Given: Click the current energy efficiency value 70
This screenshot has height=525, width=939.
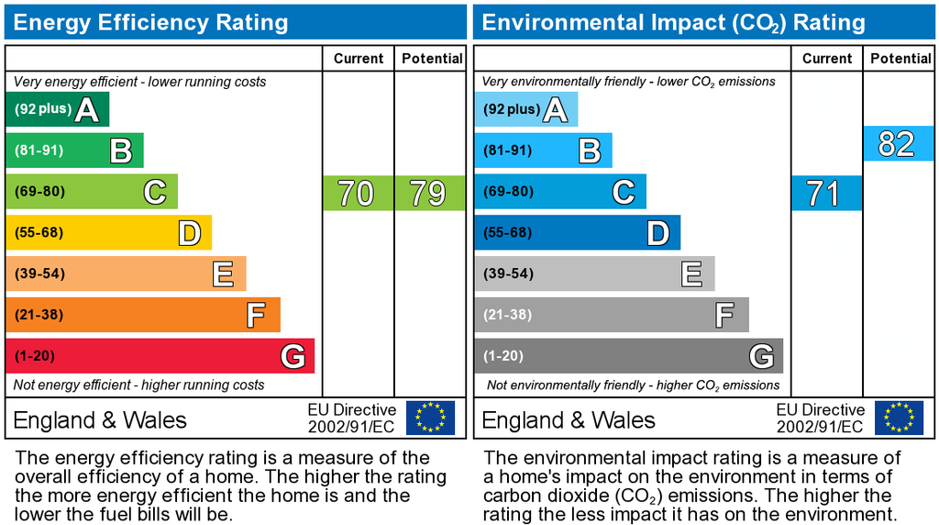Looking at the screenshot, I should (357, 194).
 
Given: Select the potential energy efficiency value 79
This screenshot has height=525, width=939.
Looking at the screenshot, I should (428, 194).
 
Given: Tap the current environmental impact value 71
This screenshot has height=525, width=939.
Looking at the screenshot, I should (825, 194).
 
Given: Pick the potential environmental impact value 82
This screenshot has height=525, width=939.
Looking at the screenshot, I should (897, 144).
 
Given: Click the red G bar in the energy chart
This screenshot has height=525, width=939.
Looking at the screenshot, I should (160, 356).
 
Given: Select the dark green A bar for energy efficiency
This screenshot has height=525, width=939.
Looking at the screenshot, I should (57, 109).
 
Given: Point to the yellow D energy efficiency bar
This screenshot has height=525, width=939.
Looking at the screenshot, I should (108, 232).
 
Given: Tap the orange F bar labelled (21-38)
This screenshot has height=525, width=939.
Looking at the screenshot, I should (142, 315).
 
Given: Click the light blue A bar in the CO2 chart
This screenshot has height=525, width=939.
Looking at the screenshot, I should (525, 109).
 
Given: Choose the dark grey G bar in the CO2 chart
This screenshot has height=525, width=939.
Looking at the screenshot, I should (628, 356).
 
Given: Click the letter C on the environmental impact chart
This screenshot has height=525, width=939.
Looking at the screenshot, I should (623, 192).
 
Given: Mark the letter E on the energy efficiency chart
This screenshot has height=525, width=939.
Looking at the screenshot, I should (222, 274).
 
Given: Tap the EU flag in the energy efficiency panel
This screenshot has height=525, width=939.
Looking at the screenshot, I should (430, 418).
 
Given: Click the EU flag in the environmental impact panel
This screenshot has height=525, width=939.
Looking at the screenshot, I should (899, 418).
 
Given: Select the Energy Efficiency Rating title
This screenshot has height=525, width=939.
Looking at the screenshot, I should (151, 22).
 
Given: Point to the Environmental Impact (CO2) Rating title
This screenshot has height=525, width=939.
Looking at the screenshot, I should (673, 22).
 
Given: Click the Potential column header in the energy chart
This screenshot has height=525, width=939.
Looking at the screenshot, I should (431, 59).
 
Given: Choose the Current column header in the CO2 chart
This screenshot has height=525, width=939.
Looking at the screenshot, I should (826, 59).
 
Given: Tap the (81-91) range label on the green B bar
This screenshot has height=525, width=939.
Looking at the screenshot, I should (39, 151).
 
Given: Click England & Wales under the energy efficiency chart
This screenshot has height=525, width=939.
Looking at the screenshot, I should (100, 420).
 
